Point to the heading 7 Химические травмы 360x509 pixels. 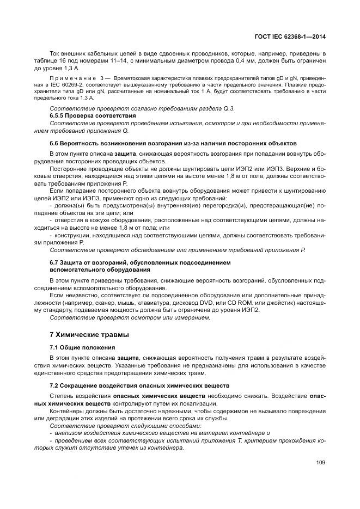[x=82, y=334]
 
